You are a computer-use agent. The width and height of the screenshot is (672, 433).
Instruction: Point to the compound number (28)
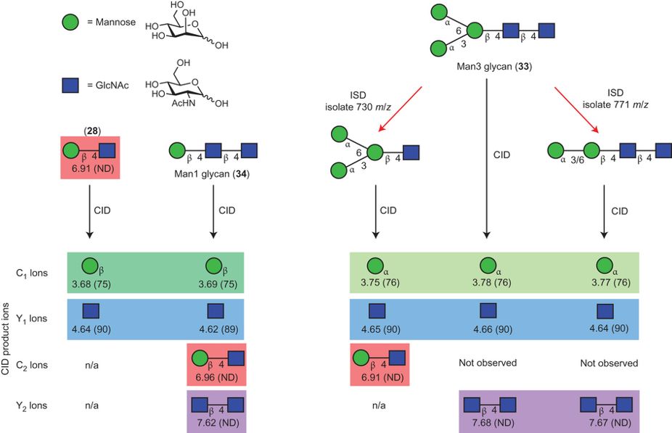[x=91, y=131]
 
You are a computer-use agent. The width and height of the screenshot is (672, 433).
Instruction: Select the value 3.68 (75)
[x=91, y=283]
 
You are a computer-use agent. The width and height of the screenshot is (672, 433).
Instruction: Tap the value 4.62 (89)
[x=215, y=329]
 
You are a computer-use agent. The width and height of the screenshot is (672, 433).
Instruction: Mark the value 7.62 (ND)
[x=216, y=421]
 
